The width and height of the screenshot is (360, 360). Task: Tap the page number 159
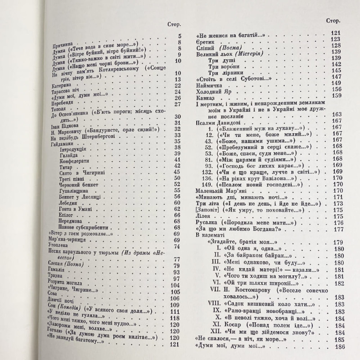click(x=336, y=95)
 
